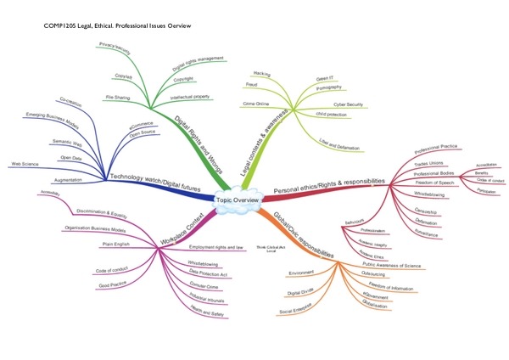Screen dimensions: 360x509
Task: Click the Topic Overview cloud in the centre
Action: click(237, 200)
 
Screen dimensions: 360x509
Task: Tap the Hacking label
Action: click(262, 74)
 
